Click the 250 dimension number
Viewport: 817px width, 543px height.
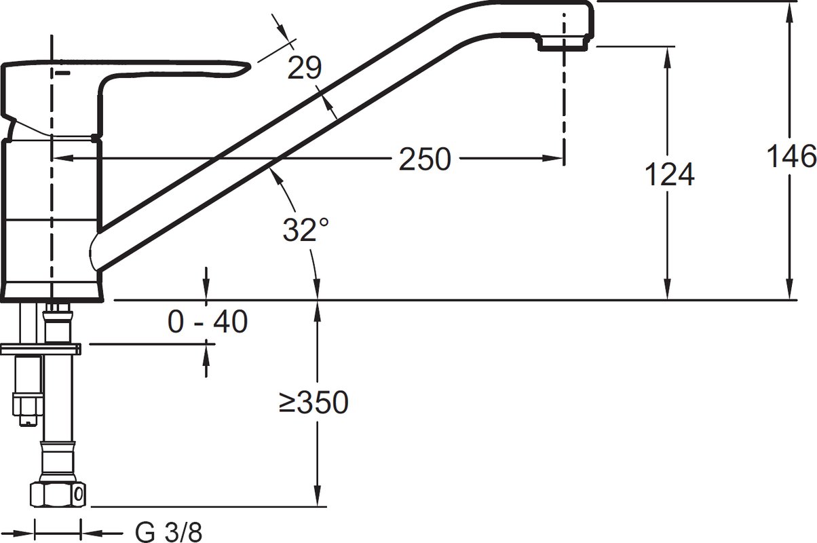[x=425, y=159]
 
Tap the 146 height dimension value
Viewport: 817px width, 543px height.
[x=791, y=156]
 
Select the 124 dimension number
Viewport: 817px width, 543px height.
[x=670, y=174]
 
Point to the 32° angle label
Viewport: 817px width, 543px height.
[x=305, y=229]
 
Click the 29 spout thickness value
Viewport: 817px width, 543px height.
[x=305, y=68]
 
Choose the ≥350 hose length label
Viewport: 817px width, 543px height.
[x=313, y=402]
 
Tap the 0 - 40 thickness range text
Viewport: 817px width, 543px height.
[x=208, y=322]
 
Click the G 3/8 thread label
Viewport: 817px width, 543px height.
[x=168, y=532]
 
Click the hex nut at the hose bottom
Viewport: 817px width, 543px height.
[x=58, y=494]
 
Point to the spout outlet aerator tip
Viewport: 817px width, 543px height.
[x=563, y=43]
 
